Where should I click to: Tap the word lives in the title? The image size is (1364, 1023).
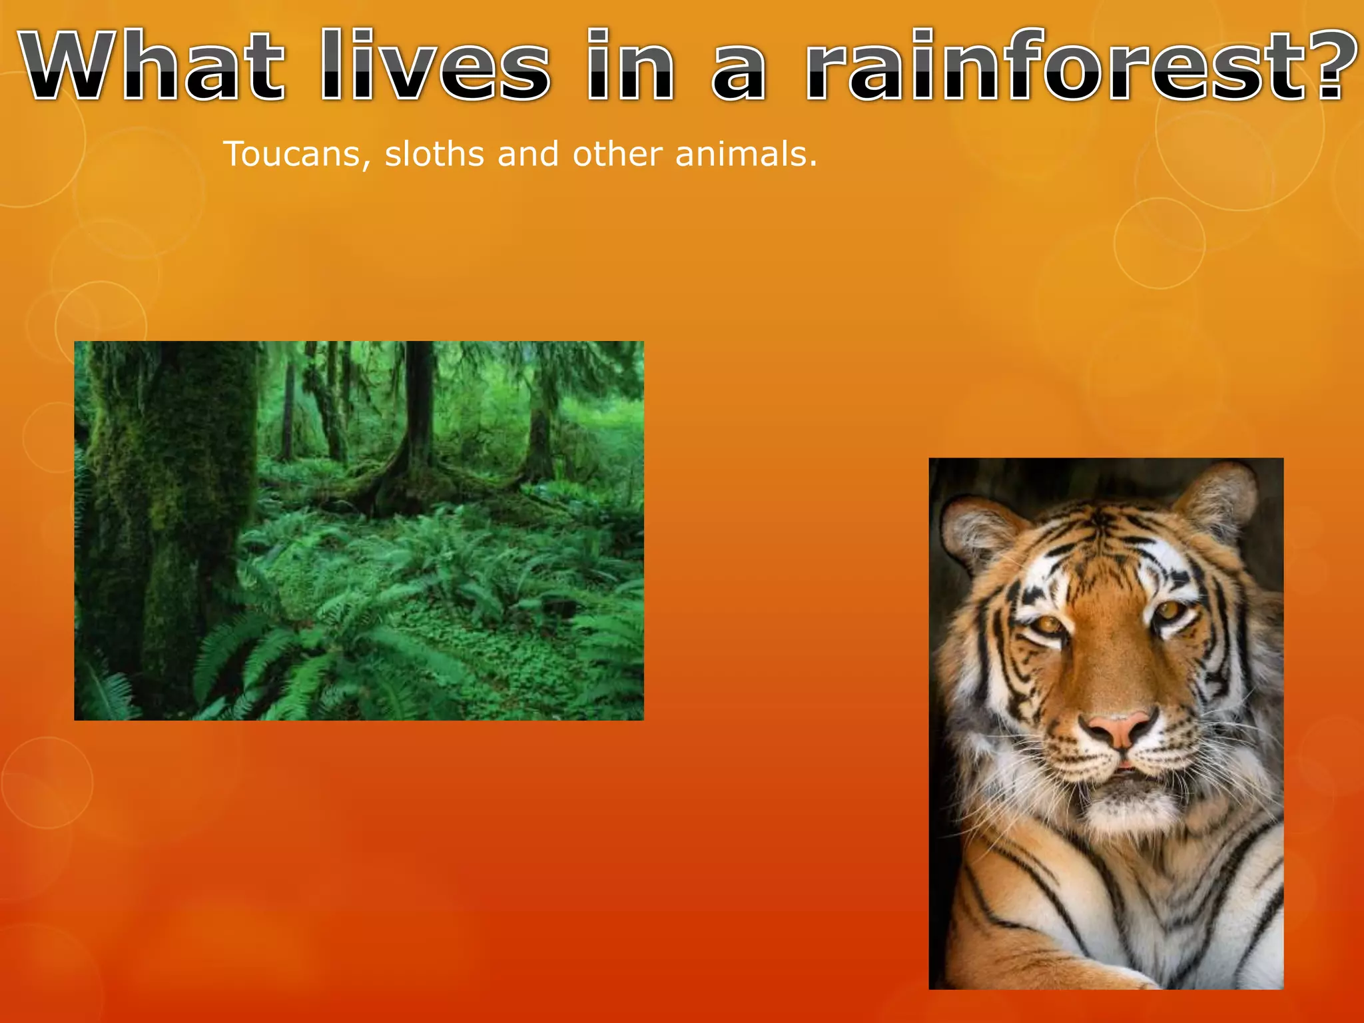(436, 67)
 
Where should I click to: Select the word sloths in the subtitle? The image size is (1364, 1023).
(434, 155)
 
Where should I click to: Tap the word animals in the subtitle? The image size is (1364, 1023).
(745, 155)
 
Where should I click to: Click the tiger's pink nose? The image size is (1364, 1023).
(1121, 728)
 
